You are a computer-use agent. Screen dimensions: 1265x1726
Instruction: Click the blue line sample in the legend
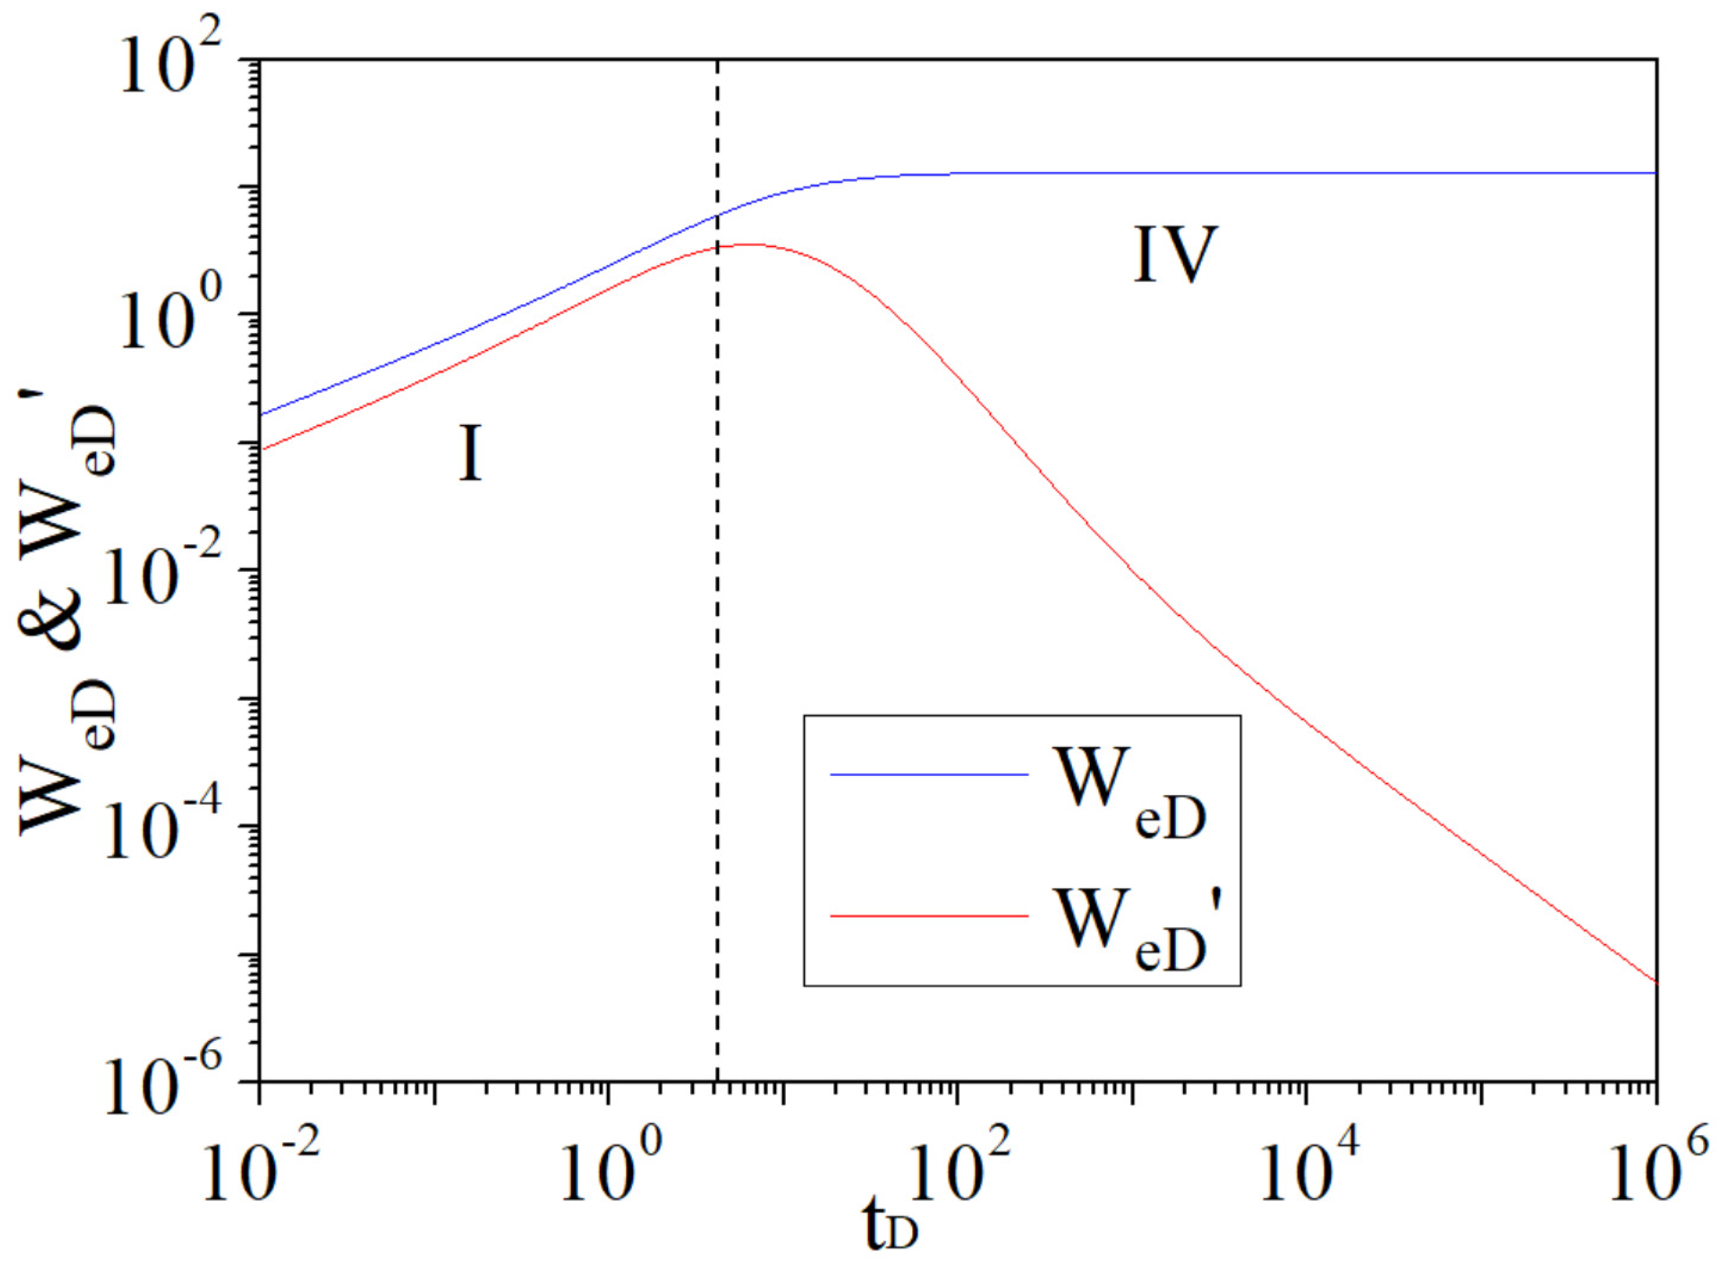coord(929,774)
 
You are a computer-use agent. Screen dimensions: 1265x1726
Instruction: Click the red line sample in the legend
coord(929,916)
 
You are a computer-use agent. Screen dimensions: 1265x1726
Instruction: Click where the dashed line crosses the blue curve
coord(717,216)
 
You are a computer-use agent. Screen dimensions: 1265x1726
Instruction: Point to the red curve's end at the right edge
coord(1655,982)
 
